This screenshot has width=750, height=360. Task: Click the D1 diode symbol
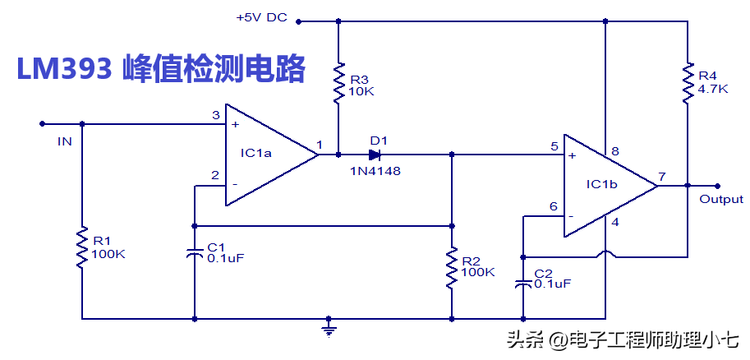[375, 154]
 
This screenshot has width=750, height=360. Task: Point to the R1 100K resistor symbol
[81, 247]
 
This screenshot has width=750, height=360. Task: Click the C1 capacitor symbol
[195, 253]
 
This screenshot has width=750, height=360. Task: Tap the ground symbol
[329, 329]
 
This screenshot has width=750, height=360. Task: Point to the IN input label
[64, 141]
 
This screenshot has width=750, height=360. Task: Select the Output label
[720, 199]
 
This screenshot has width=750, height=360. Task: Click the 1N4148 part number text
[375, 170]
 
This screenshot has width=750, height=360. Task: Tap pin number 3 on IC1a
[215, 115]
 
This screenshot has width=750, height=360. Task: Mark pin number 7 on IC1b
[661, 176]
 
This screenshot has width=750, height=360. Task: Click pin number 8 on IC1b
[615, 152]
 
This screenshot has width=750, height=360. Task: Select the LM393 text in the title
[64, 68]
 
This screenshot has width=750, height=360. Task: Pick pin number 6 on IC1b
[553, 206]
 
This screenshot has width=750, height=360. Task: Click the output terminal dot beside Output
[717, 186]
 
